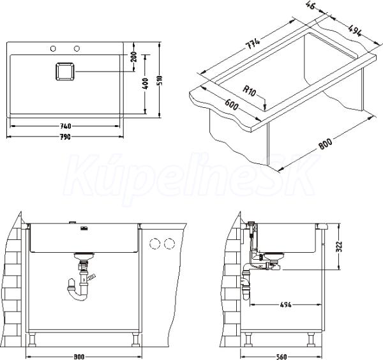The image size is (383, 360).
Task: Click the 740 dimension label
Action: [66, 126]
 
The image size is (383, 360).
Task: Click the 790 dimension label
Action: [65, 137]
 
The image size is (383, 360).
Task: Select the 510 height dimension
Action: [160, 80]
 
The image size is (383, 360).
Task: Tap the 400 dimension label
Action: [145, 84]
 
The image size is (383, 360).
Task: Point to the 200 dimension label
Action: [134, 57]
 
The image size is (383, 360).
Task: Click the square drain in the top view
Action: [64, 71]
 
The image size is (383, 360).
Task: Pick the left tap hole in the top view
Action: [53, 49]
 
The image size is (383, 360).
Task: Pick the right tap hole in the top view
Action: [77, 49]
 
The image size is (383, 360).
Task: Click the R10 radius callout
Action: [250, 91]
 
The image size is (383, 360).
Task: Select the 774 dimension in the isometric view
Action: [252, 44]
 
